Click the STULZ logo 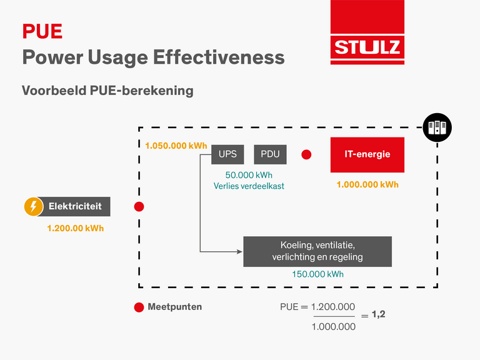367,32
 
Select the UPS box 227,154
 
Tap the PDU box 270,154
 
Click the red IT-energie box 367,154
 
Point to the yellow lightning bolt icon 33,207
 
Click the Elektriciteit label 75,206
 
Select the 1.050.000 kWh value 176,146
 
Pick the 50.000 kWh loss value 249,175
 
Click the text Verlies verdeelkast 249,186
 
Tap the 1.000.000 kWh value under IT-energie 367,184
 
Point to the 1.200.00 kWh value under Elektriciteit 75,228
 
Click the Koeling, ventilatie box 317,251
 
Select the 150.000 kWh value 317,274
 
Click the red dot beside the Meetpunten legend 139,307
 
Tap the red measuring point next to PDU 306,154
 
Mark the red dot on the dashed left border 139,207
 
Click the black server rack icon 437,127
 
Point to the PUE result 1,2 378,314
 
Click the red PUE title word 42,31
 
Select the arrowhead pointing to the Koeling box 240,252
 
